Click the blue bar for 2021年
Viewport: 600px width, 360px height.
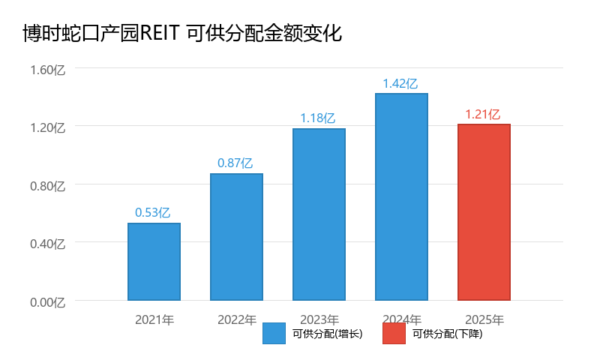pos(154,262)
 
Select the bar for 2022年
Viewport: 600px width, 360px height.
pos(236,237)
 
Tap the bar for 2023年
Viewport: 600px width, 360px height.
pos(319,214)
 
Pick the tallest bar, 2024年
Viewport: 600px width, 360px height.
pos(401,196)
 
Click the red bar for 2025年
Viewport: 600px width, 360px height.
pos(484,212)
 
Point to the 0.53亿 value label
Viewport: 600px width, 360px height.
pos(153,212)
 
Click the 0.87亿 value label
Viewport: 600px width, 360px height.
pos(235,163)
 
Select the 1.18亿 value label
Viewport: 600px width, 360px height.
pos(318,118)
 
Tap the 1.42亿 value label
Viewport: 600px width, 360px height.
pos(400,83)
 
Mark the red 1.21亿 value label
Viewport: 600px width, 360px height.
pos(483,114)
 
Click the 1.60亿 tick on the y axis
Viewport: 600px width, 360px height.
pos(48,70)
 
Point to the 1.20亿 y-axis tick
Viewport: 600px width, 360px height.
pos(48,127)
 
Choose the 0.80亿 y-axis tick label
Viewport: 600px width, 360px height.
pos(48,185)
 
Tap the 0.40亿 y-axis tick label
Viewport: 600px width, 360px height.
pos(48,244)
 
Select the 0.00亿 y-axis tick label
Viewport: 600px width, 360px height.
pos(48,301)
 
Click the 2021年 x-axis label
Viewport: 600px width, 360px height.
pos(154,319)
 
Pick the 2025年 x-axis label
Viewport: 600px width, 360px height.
pos(484,319)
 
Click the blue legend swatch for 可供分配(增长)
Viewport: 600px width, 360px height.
pos(274,334)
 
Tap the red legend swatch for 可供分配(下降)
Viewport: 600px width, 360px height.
pos(394,334)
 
